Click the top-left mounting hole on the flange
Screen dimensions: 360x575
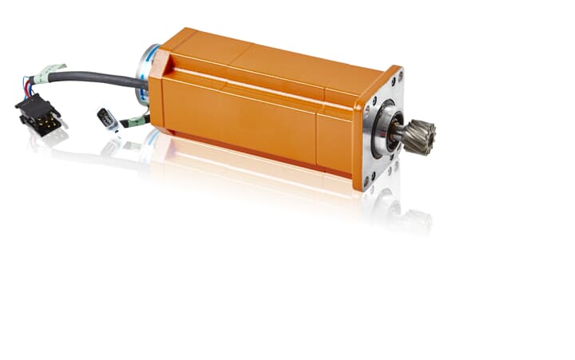[370, 102]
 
